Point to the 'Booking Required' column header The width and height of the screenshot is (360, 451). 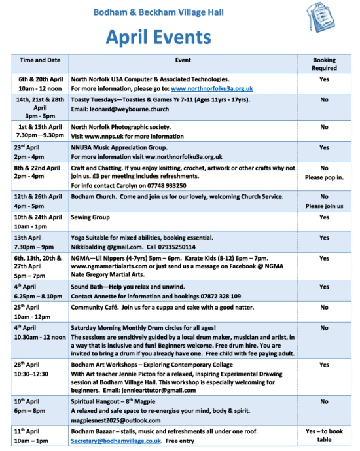tap(324, 63)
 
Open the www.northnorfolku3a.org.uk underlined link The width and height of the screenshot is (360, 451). tap(211, 88)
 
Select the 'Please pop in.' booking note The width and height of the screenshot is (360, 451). tap(324, 177)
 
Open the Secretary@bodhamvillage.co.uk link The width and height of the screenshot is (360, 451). tap(116, 441)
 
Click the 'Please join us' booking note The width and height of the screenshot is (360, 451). tap(324, 206)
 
